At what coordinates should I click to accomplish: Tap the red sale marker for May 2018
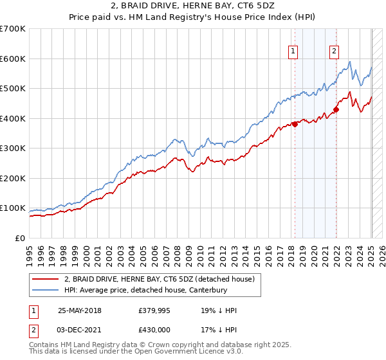295,124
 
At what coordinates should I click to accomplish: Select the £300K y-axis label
13,148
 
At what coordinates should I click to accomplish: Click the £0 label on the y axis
20,238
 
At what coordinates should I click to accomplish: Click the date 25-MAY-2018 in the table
79,310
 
